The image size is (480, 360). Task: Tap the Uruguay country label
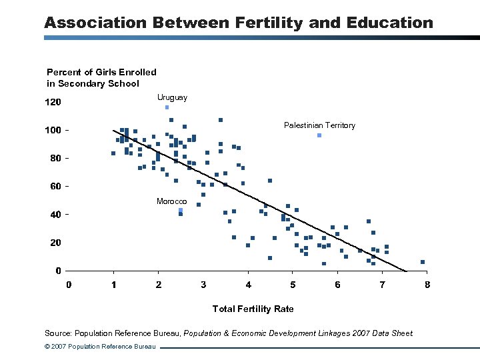pos(172,97)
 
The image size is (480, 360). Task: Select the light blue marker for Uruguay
pos(167,107)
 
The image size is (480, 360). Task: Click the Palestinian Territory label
pos(319,125)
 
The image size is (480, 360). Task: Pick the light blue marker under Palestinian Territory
pos(319,135)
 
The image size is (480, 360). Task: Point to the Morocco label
pos(171,201)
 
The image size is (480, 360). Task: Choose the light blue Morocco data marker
pos(181,210)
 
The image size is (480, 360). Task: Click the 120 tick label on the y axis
pos(53,103)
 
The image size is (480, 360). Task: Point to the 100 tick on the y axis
pos(53,130)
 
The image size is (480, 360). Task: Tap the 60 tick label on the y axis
pos(56,186)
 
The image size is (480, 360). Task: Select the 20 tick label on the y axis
pos(56,243)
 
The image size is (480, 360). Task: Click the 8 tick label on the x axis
pos(427,285)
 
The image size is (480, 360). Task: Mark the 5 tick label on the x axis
pos(293,285)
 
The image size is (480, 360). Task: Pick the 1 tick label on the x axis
pos(113,285)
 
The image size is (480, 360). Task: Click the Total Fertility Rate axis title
pos(253,309)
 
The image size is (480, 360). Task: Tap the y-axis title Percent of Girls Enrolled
pos(101,72)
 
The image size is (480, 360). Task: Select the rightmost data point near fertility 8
pos(423,262)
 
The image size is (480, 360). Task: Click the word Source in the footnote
pos(57,333)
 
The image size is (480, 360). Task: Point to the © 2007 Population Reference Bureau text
pos(100,347)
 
